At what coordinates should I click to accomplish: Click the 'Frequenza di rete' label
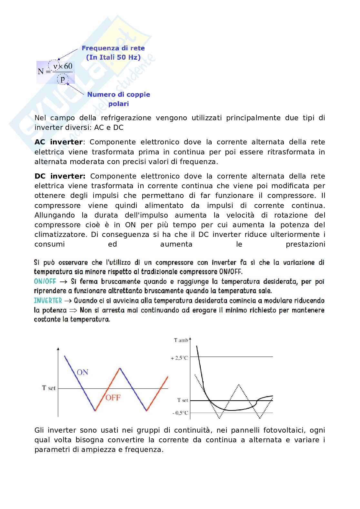(x=113, y=48)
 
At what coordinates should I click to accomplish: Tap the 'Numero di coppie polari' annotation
(x=118, y=99)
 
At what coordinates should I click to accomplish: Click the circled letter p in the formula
(x=63, y=79)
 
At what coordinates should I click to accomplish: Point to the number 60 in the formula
(x=68, y=66)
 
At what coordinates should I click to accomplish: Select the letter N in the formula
(x=41, y=71)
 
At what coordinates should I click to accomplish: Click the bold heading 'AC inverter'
(x=58, y=142)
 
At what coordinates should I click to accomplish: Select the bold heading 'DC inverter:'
(x=60, y=176)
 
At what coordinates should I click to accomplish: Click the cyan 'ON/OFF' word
(x=45, y=281)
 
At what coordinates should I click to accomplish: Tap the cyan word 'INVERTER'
(x=48, y=301)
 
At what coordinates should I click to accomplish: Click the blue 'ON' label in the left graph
(x=82, y=372)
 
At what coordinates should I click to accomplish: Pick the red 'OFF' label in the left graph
(x=113, y=398)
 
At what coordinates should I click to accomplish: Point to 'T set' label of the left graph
(x=49, y=388)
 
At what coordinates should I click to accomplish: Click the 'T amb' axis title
(x=181, y=340)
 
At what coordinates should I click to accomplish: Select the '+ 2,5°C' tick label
(x=179, y=358)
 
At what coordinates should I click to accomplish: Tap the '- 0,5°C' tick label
(x=180, y=413)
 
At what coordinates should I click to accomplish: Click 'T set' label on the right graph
(x=183, y=400)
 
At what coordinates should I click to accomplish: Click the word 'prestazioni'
(x=305, y=244)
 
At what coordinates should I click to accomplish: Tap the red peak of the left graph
(x=120, y=368)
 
